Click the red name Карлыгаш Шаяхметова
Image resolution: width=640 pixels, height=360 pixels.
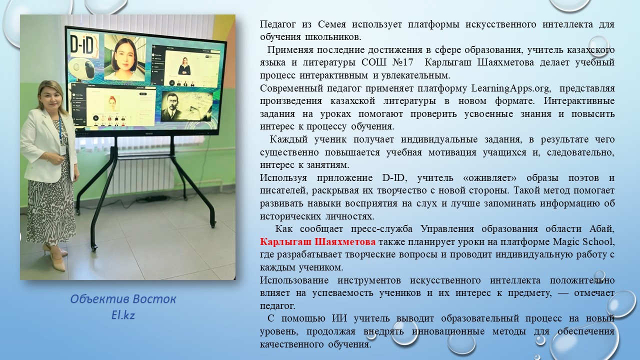pyautogui.click(x=317, y=241)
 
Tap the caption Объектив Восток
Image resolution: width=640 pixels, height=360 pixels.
pyautogui.click(x=123, y=299)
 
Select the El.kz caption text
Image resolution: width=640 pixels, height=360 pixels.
pyautogui.click(x=123, y=315)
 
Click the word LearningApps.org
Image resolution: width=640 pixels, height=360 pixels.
pyautogui.click(x=510, y=88)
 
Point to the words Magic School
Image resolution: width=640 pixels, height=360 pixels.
pyautogui.click(x=583, y=241)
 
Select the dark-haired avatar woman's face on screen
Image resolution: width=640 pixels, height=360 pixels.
pyautogui.click(x=125, y=55)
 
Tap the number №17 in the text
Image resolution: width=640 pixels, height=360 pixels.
pyautogui.click(x=403, y=62)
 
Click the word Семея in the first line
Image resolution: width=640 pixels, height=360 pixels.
pyautogui.click(x=331, y=24)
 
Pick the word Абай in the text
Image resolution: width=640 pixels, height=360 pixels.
pyautogui.click(x=601, y=228)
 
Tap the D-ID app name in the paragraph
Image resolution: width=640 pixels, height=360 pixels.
pyautogui.click(x=393, y=177)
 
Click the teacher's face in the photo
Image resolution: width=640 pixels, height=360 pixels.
pyautogui.click(x=51, y=97)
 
